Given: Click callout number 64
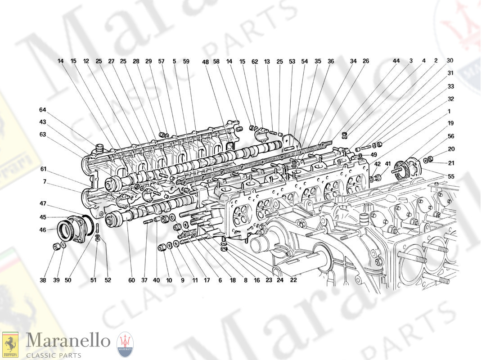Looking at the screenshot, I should [43, 110].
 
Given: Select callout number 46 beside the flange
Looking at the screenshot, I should [43, 230].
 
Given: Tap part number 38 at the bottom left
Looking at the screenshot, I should [43, 280].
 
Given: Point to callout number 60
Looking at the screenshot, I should [131, 280].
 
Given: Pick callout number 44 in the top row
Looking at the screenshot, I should [396, 61].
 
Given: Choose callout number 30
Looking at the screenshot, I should [450, 61].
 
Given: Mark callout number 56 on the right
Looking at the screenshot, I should [451, 136].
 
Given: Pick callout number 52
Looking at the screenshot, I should [108, 280].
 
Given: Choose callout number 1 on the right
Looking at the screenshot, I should [450, 111].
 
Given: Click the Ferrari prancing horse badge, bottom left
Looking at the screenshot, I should [10, 345].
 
